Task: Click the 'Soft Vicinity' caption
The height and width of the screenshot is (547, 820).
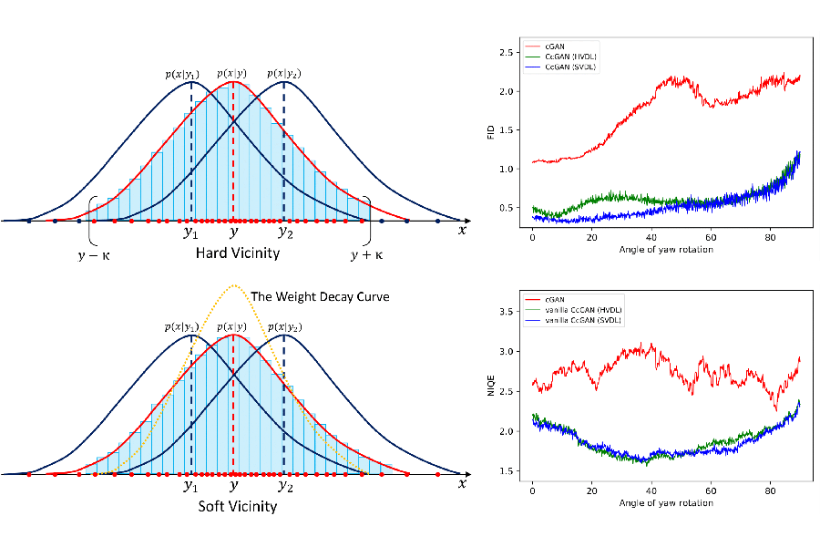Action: [x=237, y=506]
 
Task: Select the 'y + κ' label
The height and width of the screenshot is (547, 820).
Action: [x=366, y=254]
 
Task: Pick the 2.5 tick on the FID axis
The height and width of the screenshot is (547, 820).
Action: [x=506, y=52]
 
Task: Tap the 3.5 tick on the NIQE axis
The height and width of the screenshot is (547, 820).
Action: [x=506, y=312]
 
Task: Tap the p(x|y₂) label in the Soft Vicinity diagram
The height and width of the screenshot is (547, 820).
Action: [x=284, y=327]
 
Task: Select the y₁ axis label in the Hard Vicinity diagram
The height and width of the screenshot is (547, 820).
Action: [x=190, y=232]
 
